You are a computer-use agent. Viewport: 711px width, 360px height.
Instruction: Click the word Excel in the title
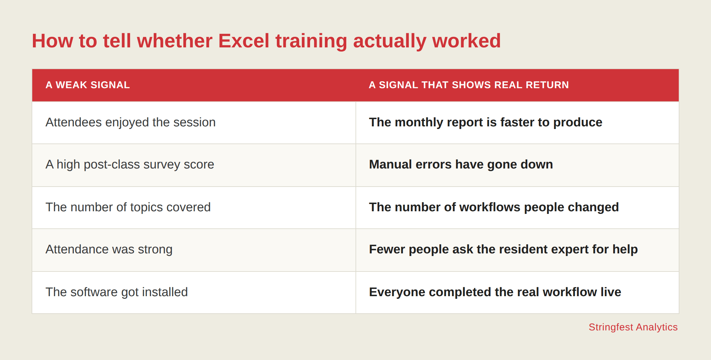point(244,41)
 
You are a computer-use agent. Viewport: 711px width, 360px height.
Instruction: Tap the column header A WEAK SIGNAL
point(88,85)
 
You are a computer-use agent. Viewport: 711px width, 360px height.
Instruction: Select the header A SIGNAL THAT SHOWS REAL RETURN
point(469,85)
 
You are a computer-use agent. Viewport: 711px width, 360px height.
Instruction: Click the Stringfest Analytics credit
point(633,327)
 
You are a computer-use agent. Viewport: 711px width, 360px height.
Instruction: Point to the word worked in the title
point(466,41)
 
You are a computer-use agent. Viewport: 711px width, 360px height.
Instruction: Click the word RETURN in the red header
point(547,85)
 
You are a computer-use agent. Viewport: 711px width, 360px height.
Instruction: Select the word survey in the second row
point(162,165)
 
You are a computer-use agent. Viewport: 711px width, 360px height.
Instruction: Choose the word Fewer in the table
point(387,249)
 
